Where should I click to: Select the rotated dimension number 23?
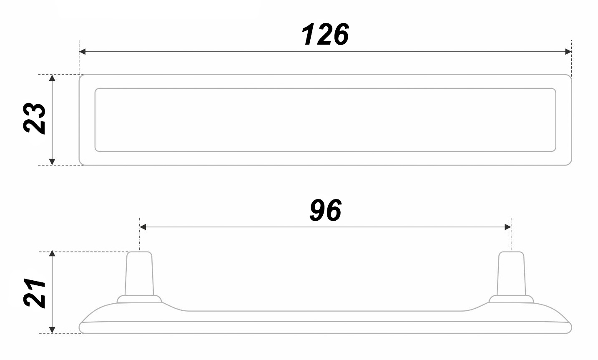[34, 118]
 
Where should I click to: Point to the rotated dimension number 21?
[35, 292]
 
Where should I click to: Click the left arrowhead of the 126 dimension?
[83, 52]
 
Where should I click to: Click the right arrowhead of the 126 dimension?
[568, 52]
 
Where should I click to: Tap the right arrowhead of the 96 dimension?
[508, 227]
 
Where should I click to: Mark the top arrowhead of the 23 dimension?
[52, 78]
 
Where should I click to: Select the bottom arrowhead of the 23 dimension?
[52, 162]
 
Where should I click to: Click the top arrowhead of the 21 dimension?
[52, 254]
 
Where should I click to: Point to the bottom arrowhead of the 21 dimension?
[52, 330]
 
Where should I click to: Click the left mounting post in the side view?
[139, 273]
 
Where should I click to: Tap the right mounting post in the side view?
[511, 273]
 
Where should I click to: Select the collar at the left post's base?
[139, 299]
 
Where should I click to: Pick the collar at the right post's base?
[511, 299]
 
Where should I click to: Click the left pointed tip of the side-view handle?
[81, 324]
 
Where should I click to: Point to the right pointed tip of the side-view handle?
[570, 324]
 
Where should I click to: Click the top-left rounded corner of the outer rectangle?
[81, 77]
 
